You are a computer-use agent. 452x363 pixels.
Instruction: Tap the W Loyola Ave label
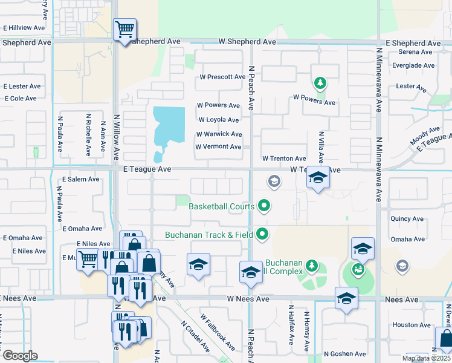tap(219, 120)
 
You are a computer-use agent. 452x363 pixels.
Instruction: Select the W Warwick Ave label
tap(219, 134)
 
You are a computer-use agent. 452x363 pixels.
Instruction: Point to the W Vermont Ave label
tap(218, 147)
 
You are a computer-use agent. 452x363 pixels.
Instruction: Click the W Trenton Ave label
tap(284, 159)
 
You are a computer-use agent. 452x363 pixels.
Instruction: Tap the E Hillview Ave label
tap(24, 28)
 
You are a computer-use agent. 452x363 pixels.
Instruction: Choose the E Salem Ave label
tap(81, 180)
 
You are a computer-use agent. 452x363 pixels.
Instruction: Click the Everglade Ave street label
tap(413, 65)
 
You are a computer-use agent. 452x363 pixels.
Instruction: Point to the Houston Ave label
tap(411, 325)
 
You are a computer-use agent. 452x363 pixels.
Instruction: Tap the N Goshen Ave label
tap(344, 354)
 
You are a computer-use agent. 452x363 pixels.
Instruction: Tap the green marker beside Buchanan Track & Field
tap(262, 233)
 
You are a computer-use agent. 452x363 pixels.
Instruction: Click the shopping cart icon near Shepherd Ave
tap(124, 29)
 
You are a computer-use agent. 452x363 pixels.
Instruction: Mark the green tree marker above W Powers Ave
tap(319, 83)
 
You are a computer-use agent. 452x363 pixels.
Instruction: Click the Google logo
tap(20, 355)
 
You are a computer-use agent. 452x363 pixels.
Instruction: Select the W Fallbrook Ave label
tap(218, 332)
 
